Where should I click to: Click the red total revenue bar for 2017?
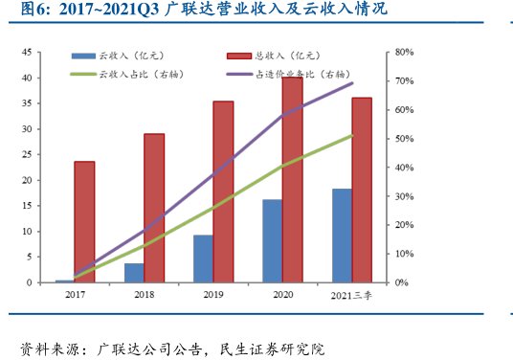[84, 222]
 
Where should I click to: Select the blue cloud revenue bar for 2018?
[134, 273]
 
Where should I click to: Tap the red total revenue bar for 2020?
[292, 180]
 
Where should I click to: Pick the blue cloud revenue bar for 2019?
[203, 259]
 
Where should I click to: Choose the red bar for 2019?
[223, 191]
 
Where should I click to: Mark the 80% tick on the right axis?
[403, 52]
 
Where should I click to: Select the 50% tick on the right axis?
[403, 139]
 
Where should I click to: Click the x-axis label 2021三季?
[351, 297]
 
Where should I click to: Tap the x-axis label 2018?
[144, 297]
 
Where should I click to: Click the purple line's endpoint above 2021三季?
[352, 83]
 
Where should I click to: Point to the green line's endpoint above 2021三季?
[352, 135]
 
